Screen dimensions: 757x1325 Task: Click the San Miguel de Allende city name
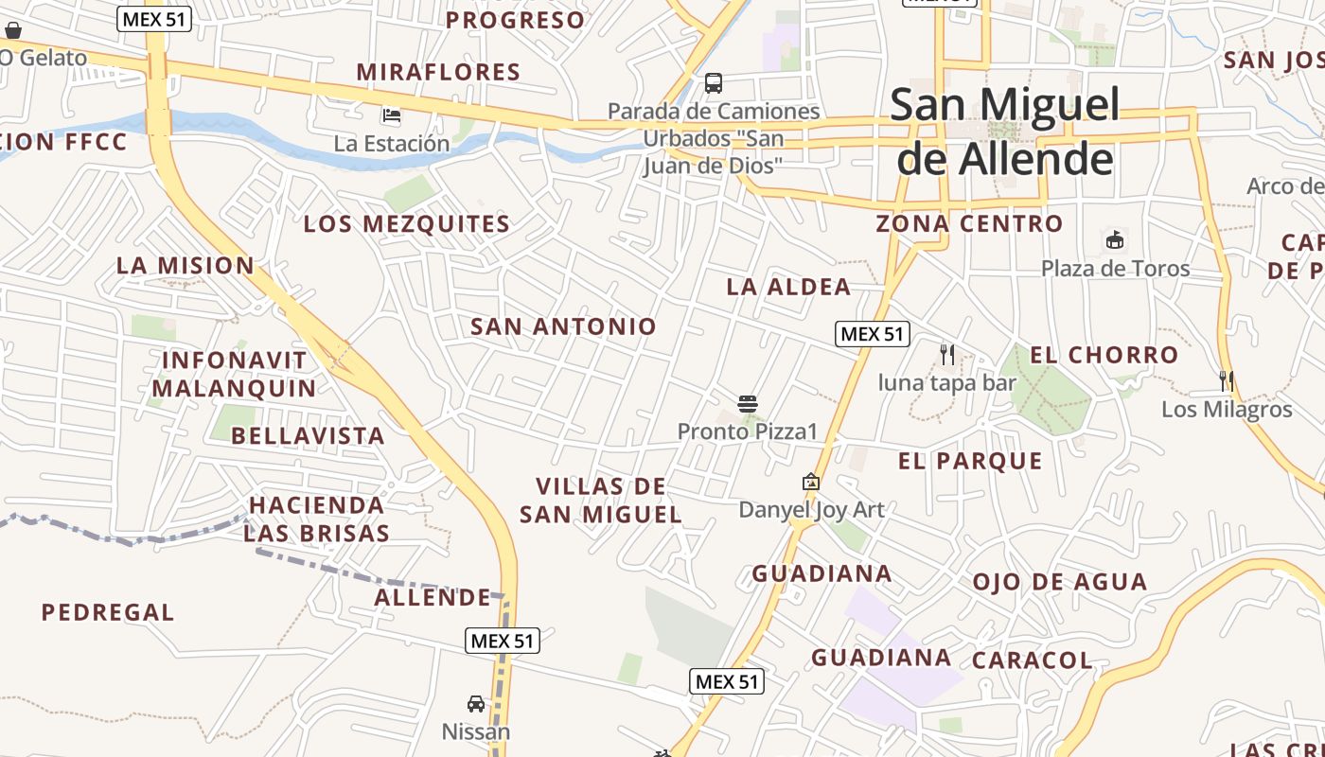1004,132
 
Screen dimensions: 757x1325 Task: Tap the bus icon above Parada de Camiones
714,83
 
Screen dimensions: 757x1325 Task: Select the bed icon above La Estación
391,116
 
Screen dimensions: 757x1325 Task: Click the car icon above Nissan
476,704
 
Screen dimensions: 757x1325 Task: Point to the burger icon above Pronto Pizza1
748,404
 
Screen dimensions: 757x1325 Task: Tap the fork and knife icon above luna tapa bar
947,355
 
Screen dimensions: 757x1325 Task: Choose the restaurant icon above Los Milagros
1227,381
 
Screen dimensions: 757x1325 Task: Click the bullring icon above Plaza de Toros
1116,240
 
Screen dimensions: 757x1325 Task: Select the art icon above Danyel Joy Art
811,483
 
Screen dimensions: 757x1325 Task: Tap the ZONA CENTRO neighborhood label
969,224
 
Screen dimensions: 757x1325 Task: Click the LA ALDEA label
788,287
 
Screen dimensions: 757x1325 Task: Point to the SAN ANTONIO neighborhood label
563,326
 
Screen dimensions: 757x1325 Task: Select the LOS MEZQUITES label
407,224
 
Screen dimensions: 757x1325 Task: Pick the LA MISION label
185,266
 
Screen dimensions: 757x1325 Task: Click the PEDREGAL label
108,612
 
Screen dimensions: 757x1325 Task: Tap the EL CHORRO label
1104,356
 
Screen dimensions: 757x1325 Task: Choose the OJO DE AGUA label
1060,582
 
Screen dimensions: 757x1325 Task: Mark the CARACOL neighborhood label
1032,660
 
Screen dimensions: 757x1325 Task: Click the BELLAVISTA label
308,436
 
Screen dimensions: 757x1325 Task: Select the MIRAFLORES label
438,72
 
